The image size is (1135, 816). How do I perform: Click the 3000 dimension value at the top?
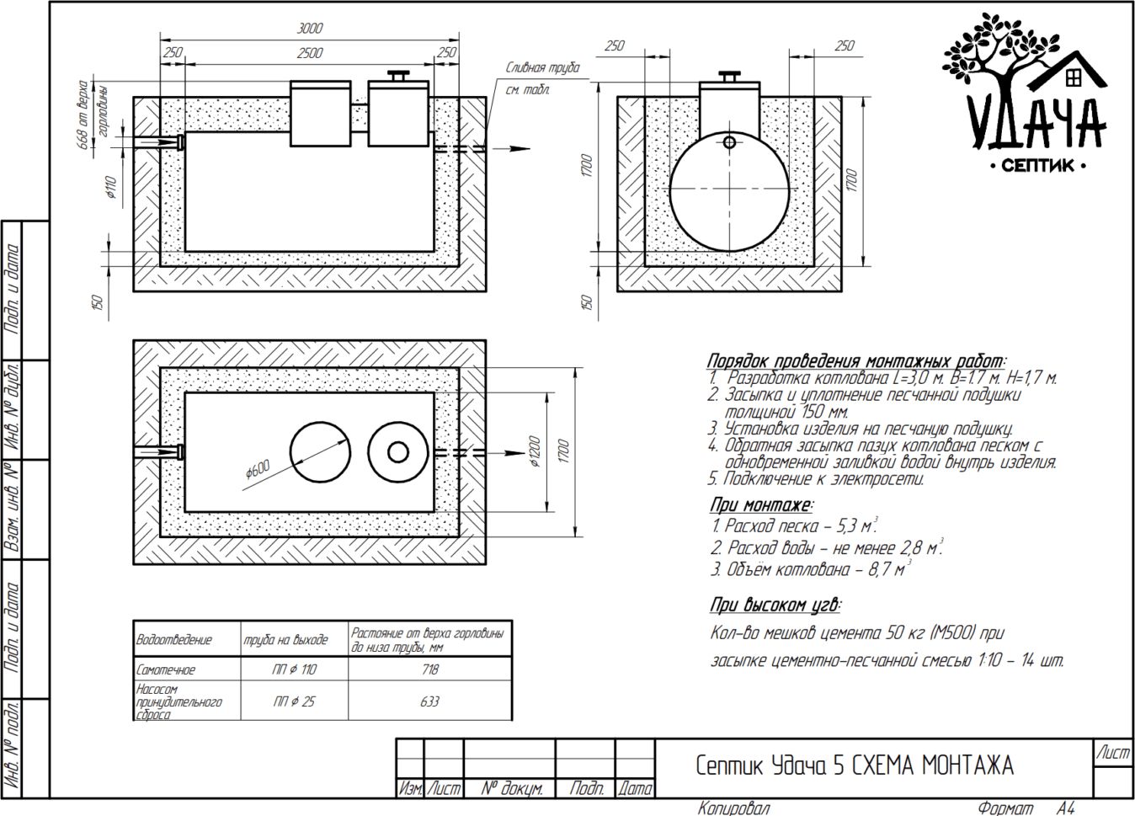tap(310, 29)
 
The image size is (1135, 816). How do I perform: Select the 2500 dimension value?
tap(310, 53)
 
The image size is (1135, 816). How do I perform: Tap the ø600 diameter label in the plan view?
tap(258, 469)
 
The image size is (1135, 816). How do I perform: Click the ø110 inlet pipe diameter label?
tap(111, 187)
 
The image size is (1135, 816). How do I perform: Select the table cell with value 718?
tap(429, 669)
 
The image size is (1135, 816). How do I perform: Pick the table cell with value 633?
tap(429, 701)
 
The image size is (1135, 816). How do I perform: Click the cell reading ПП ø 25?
tap(295, 701)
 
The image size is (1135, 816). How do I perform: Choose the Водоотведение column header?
tap(173, 640)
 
